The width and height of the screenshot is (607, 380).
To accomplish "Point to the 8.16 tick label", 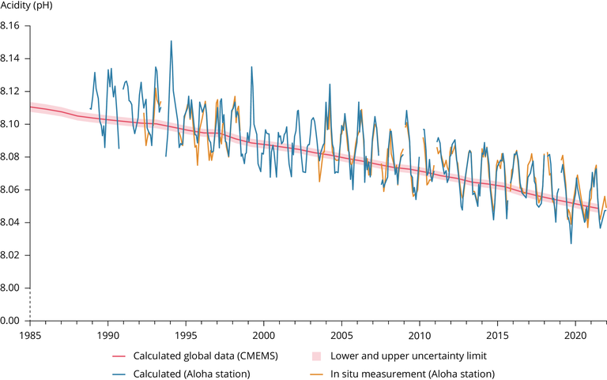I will point(13,26).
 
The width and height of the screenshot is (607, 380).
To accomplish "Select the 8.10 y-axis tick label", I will point(13,124).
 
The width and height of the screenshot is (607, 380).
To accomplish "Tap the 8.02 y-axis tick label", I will point(13,255).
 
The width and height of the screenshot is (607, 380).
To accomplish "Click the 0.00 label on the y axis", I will point(13,321).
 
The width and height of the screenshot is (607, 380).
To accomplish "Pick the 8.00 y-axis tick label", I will point(13,288).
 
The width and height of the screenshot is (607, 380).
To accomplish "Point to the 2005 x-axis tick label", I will point(341,333).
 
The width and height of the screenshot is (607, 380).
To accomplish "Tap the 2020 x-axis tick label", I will point(575,333).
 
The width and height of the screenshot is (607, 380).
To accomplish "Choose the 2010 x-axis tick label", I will point(419,333).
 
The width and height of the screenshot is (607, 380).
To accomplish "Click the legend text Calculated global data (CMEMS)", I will point(205,356).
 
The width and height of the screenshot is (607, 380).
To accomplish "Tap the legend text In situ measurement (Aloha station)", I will point(412,373).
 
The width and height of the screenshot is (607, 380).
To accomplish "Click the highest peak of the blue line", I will point(171,40).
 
